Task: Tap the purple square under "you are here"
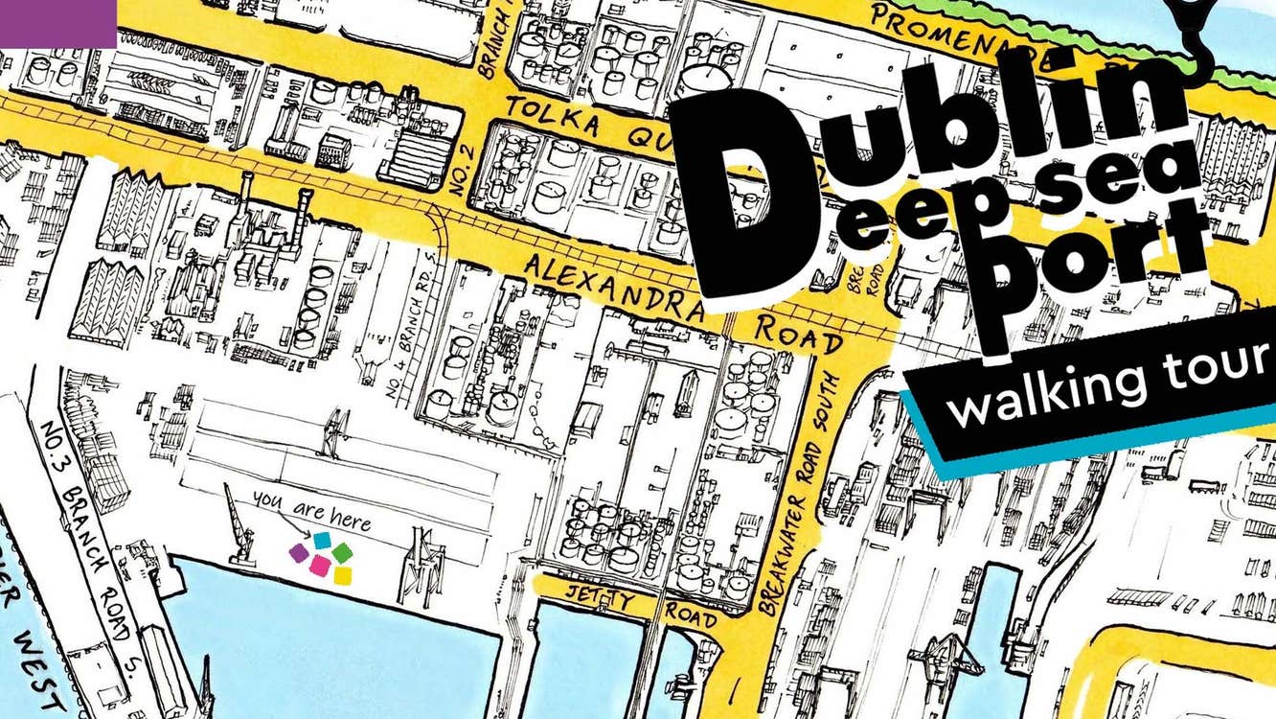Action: point(299,553)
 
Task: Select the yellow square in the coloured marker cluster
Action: point(342,575)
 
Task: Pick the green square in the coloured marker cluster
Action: point(342,552)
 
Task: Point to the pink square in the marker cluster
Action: point(320,567)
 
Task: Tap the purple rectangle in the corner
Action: point(57,23)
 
